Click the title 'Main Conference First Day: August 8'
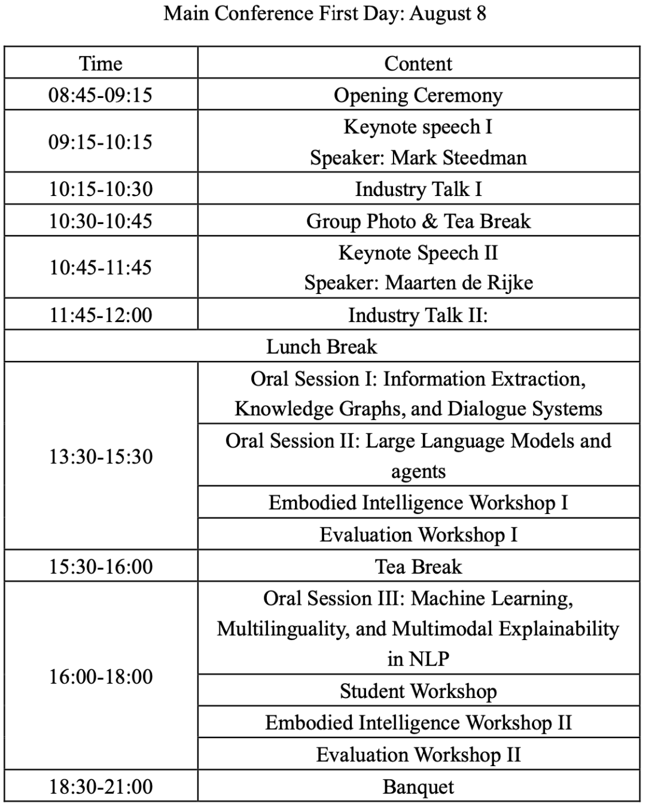[x=324, y=13]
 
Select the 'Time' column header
[x=100, y=63]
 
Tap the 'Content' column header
[x=418, y=63]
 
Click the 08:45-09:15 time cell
[x=100, y=95]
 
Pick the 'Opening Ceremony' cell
[x=418, y=95]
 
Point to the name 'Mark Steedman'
[x=459, y=158]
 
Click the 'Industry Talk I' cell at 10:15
[x=418, y=189]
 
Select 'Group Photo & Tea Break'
[x=418, y=221]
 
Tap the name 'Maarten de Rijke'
[x=459, y=283]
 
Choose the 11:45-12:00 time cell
[x=100, y=315]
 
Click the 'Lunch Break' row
[x=322, y=347]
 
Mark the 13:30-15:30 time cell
[x=100, y=457]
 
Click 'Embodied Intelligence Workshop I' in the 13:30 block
[x=418, y=503]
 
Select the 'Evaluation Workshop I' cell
[x=418, y=534]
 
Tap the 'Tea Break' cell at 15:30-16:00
[x=418, y=567]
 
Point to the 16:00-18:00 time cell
[x=100, y=677]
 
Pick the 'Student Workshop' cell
[x=418, y=691]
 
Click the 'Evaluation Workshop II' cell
[x=418, y=755]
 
